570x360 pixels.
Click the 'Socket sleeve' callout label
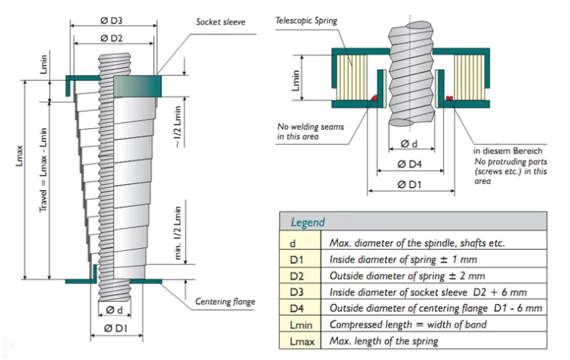click(220, 22)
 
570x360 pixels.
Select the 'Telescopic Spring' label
click(306, 21)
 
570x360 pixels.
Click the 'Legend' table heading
click(308, 222)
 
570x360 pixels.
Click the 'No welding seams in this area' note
click(302, 130)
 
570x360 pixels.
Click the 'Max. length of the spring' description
click(384, 341)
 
